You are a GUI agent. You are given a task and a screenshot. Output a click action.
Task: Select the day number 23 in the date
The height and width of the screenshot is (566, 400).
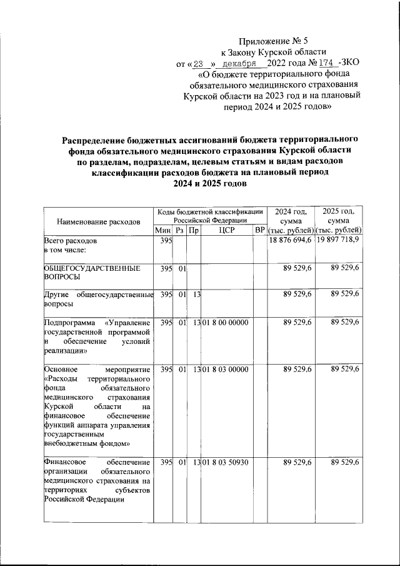pos(199,64)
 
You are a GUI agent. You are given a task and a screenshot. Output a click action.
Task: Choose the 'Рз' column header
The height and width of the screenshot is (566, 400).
pos(179,231)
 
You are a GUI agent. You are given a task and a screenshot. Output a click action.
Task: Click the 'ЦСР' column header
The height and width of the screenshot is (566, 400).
pos(226,231)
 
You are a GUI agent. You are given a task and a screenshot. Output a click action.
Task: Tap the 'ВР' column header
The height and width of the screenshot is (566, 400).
pos(259,231)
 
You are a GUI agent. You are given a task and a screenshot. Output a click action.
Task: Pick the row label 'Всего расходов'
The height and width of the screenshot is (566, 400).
pos(71,241)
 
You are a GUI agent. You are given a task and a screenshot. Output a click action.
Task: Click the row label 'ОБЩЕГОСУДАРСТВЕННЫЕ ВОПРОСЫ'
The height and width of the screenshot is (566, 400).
pos(91,272)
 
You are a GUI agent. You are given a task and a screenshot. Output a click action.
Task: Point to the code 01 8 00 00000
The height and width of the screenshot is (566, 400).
pos(225,322)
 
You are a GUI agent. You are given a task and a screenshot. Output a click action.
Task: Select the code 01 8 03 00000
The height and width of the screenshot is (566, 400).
pos(225,370)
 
